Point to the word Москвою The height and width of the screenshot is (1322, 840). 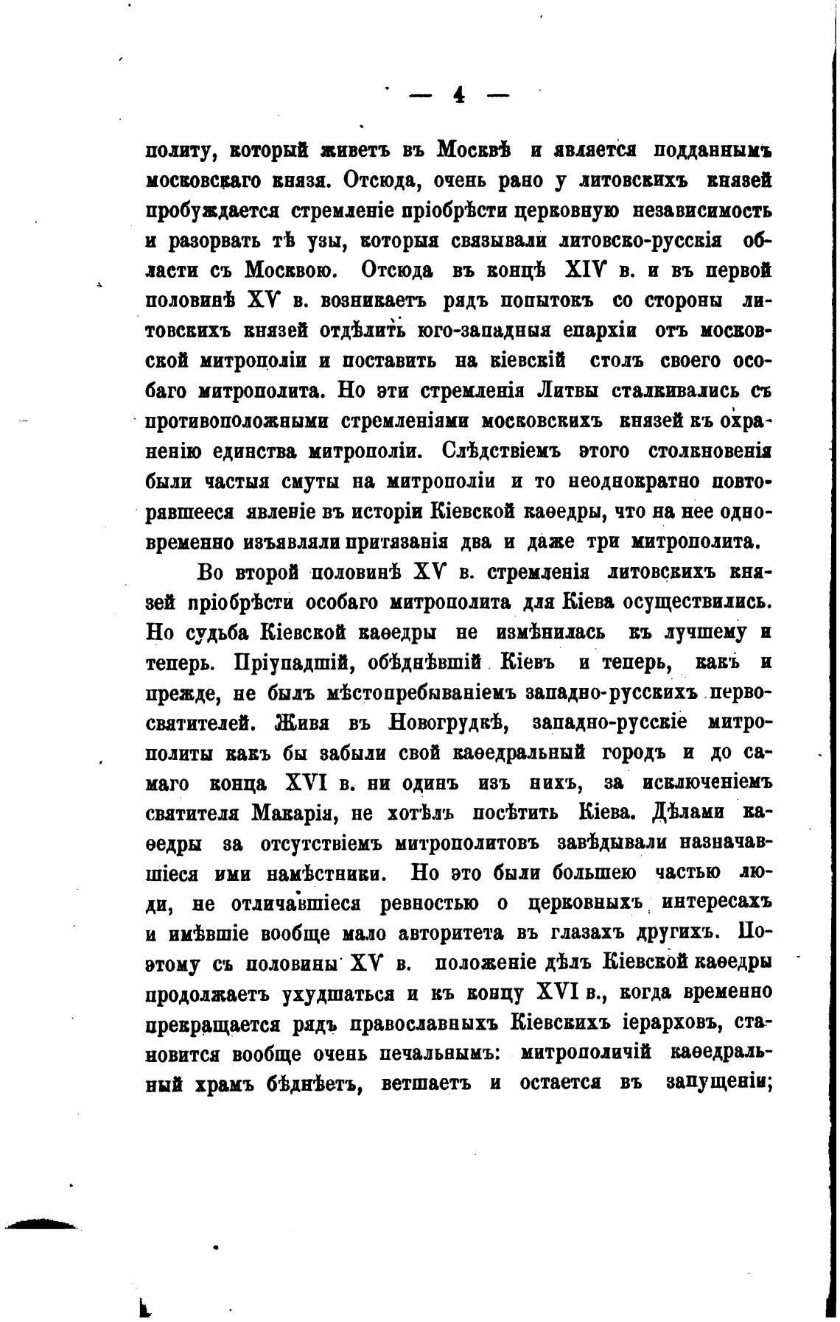[291, 270]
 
